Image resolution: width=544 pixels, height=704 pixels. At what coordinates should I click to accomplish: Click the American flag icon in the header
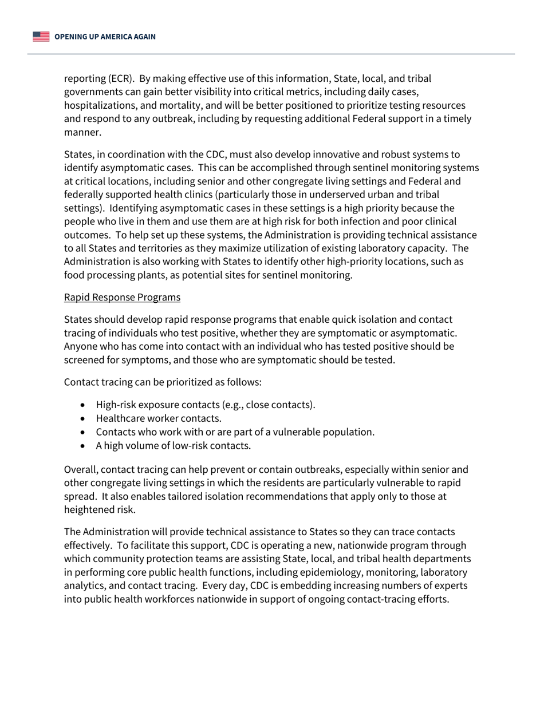tap(41, 37)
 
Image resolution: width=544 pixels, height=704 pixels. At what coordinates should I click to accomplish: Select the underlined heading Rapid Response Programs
tap(122, 297)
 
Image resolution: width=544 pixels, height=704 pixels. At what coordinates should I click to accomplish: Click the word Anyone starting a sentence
tap(81, 346)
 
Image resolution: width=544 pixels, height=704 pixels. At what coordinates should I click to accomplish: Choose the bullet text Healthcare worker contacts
tap(159, 418)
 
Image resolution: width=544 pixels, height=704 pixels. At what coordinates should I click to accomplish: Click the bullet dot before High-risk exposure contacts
tap(84, 405)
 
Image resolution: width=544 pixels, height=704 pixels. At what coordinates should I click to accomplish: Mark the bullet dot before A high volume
tap(84, 446)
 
